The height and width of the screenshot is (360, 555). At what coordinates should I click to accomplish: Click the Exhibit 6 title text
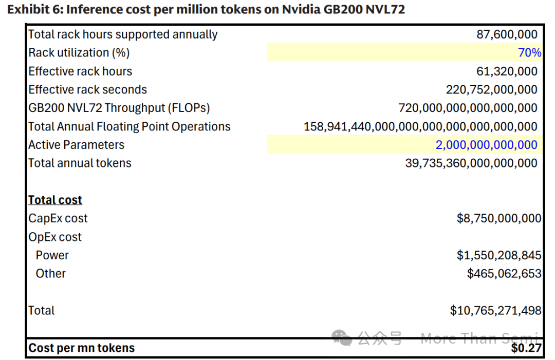tap(206, 10)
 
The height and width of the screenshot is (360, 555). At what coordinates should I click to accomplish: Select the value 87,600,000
tap(507, 34)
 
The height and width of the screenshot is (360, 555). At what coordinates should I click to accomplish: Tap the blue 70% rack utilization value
tap(529, 53)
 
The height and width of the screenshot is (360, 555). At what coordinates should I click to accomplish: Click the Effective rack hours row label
tap(80, 71)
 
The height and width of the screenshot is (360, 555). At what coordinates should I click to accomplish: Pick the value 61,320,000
tap(507, 71)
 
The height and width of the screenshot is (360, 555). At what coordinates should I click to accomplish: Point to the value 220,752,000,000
tap(491, 90)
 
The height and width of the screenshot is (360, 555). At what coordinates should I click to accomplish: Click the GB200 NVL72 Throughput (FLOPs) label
tap(119, 108)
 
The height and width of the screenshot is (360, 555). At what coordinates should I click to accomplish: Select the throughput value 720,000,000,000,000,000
tap(468, 108)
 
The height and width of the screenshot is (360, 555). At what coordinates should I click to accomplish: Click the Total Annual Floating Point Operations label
tap(129, 126)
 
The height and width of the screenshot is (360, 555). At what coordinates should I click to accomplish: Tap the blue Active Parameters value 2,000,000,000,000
tap(486, 145)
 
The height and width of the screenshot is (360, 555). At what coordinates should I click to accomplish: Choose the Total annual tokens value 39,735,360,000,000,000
tap(471, 163)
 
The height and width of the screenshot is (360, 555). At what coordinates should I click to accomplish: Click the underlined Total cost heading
tap(55, 200)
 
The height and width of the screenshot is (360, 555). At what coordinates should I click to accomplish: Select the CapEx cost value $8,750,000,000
tap(498, 218)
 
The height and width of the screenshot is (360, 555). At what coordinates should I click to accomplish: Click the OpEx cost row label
tap(55, 237)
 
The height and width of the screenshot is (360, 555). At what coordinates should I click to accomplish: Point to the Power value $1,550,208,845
tap(498, 255)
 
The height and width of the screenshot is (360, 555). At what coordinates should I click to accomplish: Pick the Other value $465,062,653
tap(504, 274)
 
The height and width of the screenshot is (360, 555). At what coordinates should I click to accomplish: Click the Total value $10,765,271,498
tap(495, 311)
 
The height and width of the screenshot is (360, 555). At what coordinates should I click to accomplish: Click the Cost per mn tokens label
tap(81, 348)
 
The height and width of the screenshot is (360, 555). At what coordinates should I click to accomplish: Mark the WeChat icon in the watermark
tap(342, 337)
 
